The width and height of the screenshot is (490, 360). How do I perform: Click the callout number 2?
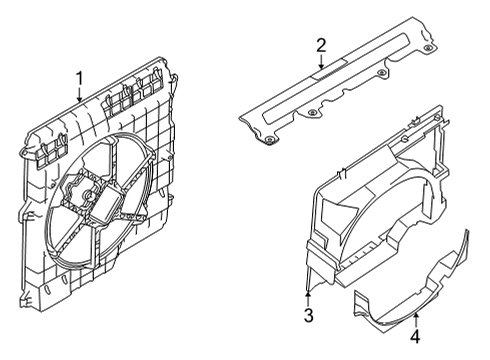[x=321, y=44]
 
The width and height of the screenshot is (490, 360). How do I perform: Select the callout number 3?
[x=309, y=317]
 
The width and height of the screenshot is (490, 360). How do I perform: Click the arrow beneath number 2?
[x=321, y=62]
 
